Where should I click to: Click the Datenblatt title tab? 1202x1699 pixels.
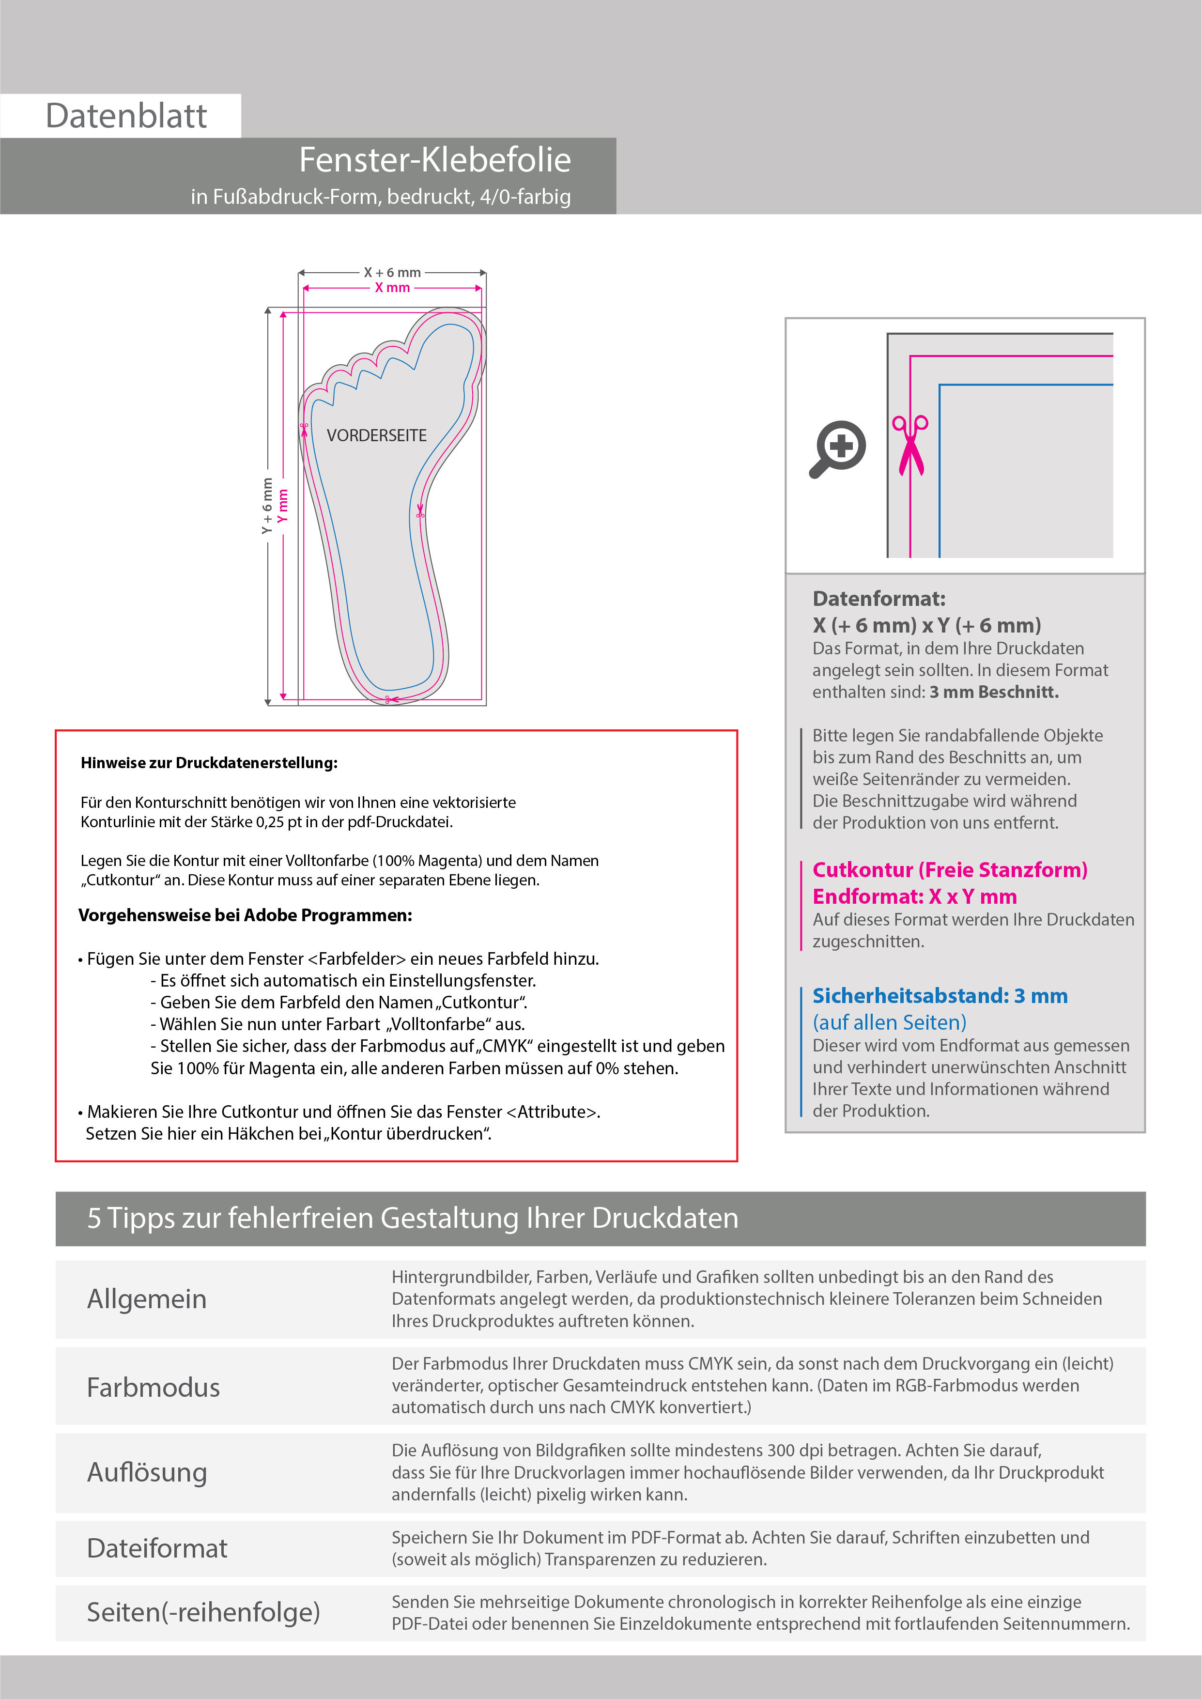pos(126,116)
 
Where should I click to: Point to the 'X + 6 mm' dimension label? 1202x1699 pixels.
pos(392,272)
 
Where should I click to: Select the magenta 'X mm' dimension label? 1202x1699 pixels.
pos(392,288)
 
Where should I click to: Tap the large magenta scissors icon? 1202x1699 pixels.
pos(910,446)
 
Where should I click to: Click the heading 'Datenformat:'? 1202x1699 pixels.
pos(878,599)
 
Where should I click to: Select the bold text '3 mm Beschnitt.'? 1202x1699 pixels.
pos(994,692)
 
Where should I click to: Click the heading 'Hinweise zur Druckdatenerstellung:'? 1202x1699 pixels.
pos(209,763)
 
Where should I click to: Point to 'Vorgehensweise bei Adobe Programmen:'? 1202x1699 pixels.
pos(245,915)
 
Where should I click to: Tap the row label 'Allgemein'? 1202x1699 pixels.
pos(147,1298)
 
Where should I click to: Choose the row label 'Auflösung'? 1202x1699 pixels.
pos(147,1472)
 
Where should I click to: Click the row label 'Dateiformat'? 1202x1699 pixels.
pos(157,1549)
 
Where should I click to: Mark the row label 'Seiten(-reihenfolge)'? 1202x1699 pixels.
pos(203,1612)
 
